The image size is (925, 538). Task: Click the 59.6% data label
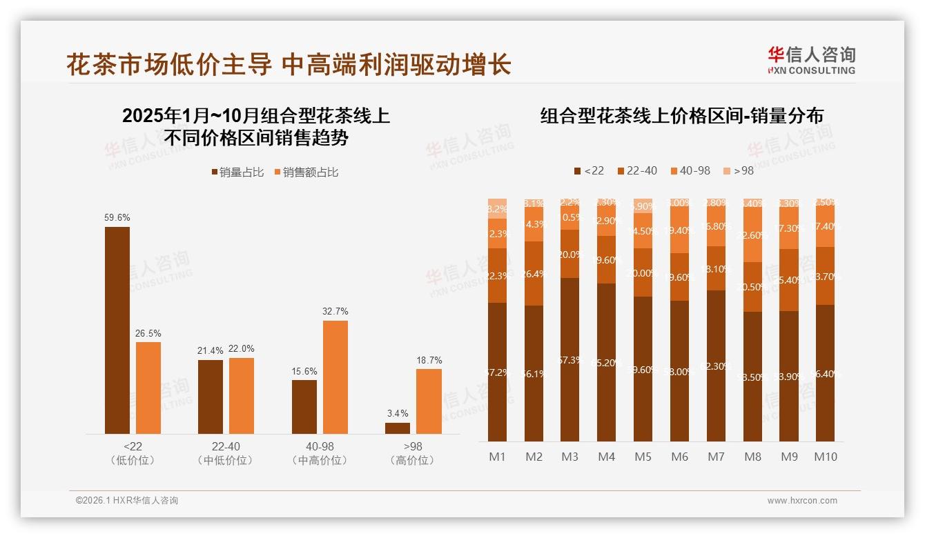117,217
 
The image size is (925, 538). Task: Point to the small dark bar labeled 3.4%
398,428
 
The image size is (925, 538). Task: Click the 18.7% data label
429,360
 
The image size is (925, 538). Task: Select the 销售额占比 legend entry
306,172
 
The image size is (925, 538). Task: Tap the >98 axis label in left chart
412,447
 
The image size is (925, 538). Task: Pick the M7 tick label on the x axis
716,457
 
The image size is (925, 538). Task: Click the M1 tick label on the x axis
497,457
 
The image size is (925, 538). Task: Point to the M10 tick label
825,457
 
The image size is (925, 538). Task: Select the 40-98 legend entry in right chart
690,170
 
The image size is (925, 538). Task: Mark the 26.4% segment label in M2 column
534,274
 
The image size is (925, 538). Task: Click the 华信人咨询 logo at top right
811,60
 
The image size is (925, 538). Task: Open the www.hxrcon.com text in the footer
801,501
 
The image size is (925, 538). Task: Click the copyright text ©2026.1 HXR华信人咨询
126,501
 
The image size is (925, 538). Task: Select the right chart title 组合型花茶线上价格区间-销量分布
681,116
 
